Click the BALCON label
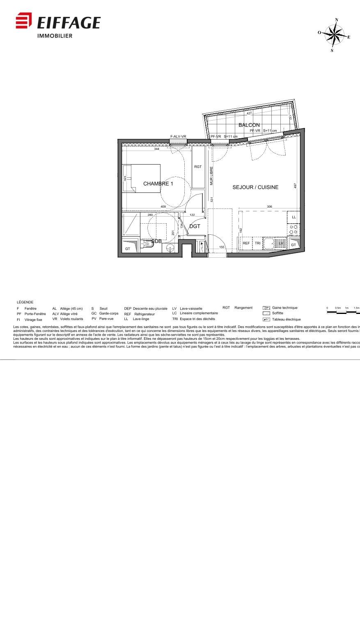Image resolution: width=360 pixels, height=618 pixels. [x=249, y=125]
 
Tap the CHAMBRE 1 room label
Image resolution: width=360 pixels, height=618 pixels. [x=158, y=183]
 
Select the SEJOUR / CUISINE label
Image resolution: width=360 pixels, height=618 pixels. [x=255, y=187]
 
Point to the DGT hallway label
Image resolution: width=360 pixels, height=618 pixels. [x=195, y=226]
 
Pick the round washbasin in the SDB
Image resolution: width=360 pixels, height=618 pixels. [x=170, y=247]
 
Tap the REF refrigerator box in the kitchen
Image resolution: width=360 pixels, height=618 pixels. [x=246, y=243]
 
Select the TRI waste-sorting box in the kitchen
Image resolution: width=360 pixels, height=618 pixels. [x=257, y=243]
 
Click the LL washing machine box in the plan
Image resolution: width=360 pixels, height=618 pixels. [x=294, y=217]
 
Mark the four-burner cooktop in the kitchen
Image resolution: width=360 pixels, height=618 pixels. [x=294, y=229]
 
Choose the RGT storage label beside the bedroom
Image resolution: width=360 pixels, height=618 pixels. [x=198, y=167]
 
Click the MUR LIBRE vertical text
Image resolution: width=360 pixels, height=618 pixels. [x=211, y=176]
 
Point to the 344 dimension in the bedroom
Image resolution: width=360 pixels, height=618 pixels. [x=157, y=149]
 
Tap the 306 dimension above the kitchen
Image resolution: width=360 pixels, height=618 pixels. [x=269, y=207]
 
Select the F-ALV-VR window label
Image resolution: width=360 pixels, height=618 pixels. [x=178, y=137]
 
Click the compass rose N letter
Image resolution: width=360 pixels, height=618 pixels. [x=337, y=20]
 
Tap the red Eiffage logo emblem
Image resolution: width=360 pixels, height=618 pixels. [x=23, y=21]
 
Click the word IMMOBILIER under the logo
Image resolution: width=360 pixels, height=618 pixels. [x=55, y=36]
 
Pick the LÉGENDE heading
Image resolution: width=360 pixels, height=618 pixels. [x=25, y=302]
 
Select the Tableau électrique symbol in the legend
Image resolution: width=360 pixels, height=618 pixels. [x=266, y=319]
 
